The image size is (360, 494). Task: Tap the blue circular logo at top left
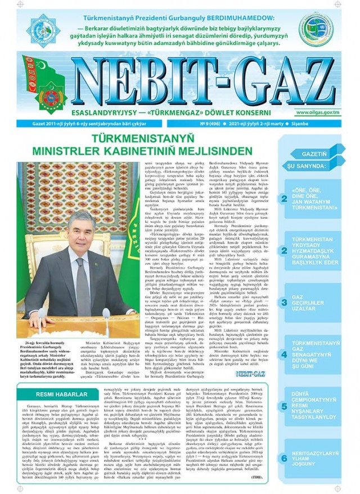(x=44, y=29)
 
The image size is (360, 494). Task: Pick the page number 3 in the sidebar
(x=285, y=302)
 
